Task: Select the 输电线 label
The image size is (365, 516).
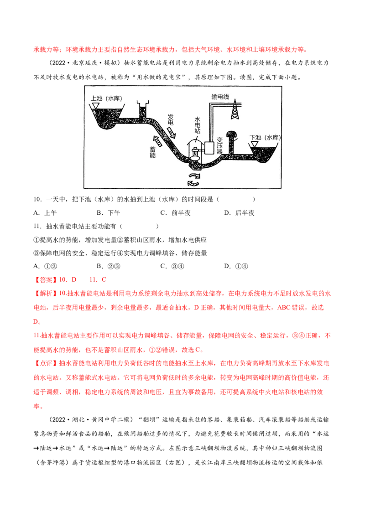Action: click(x=220, y=97)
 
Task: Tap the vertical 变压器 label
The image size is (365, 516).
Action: click(x=219, y=145)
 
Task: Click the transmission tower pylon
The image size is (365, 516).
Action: click(x=235, y=109)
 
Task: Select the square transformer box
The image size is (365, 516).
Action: click(x=210, y=148)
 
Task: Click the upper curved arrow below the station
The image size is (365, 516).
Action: click(x=194, y=175)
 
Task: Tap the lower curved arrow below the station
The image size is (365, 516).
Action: click(x=193, y=183)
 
